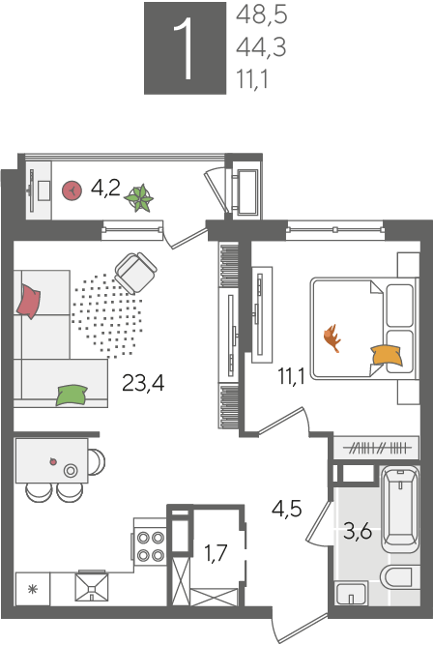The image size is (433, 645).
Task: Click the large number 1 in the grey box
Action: pos(184,48)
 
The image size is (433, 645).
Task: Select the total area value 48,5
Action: pos(261,15)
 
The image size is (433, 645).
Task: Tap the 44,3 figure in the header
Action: pos(261,46)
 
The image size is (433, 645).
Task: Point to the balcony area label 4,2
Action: pos(105,189)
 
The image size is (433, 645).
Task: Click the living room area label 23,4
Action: pos(143,383)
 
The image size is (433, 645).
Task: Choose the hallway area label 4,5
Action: pos(287,509)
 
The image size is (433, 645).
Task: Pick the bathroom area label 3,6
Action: pos(358,531)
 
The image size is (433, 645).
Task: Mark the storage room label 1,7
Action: pos(216,552)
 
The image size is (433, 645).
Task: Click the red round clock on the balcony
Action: pos(72,191)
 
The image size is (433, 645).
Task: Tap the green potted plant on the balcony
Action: pos(139,198)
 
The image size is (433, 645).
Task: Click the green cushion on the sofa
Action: pos(72,395)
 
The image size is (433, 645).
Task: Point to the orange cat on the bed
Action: pos(332,338)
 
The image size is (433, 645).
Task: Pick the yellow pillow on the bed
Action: pos(387,356)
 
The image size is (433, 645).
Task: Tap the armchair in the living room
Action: pos(135,273)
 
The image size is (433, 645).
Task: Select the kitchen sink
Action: pos(91,587)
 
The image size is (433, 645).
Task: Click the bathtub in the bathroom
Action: pos(400,510)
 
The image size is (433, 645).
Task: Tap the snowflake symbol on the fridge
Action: pos(33,590)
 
